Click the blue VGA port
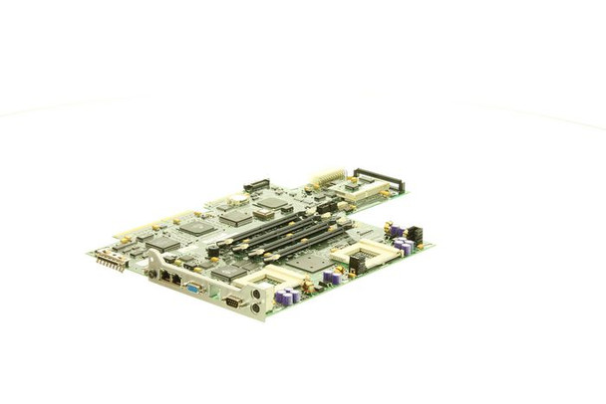pos(193,288)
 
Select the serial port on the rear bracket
pos(232,301)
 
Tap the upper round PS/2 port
pos(256,295)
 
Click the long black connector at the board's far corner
pos(379,179)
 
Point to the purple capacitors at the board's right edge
pos(403,245)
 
